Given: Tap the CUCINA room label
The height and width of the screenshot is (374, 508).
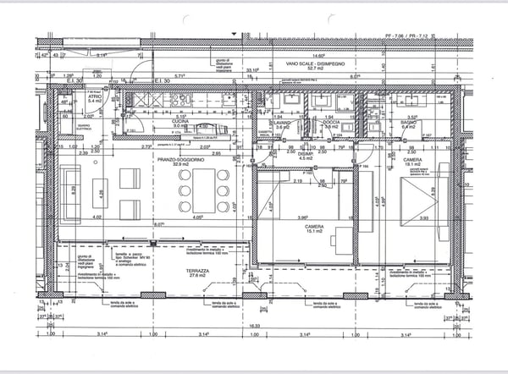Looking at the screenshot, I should point(180,121).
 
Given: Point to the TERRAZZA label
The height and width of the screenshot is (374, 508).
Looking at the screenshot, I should point(198,270).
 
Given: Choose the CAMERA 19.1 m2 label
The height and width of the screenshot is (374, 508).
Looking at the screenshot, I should point(412,160).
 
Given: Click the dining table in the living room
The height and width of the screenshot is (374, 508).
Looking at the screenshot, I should point(203,190).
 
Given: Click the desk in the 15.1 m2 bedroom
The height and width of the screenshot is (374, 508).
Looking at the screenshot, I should point(344,235).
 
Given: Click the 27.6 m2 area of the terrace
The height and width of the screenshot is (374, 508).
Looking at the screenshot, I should point(198,276).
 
